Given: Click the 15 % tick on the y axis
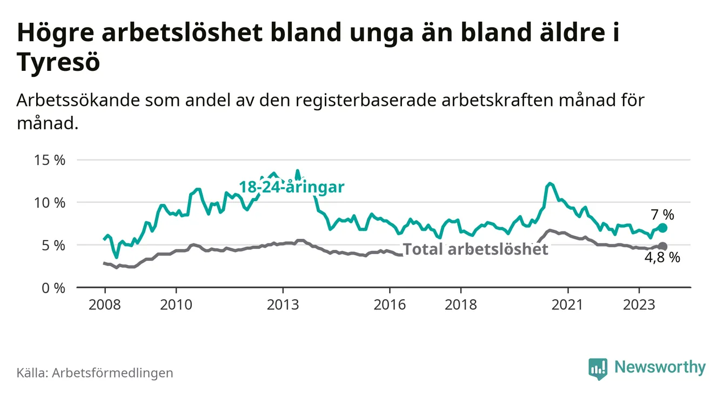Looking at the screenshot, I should pos(49,160).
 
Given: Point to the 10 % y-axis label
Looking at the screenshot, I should pos(49,203).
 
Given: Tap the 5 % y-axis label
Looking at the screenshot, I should pos(53,245).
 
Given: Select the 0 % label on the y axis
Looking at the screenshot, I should pos(53,288).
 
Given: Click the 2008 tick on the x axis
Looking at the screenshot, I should pos(104,305).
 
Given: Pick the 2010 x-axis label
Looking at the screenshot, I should pos(176,305).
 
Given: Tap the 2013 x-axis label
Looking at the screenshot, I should pos(283,305).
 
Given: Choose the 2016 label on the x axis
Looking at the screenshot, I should pos(390,305).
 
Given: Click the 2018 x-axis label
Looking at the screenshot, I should pos(461,305).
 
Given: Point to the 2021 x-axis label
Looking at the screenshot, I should pos(568,305).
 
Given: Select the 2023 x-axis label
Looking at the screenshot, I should pos(639,305).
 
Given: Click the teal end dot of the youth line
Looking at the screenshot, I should pos(662,228).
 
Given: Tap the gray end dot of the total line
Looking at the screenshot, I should pos(662,247).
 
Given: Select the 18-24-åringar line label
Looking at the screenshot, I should pos(292,188).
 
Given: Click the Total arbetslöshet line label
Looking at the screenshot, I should pos(476,249).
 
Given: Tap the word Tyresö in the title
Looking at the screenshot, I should pos(59,63).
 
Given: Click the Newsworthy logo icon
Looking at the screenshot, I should pos(598,368).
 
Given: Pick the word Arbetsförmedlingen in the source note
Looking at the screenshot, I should pos(112,373).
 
